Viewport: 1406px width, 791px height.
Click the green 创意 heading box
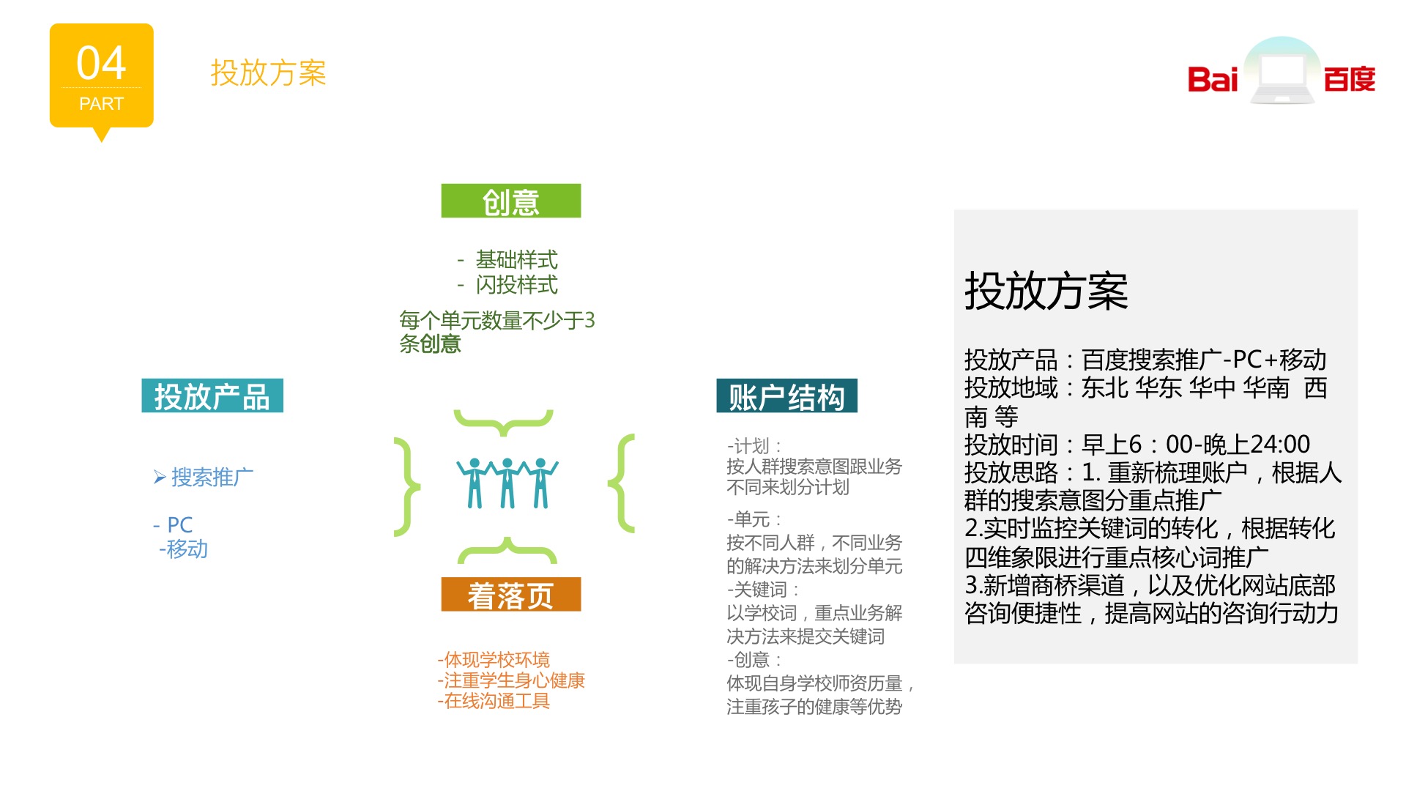(x=511, y=201)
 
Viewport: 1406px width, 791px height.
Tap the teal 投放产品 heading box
(x=212, y=396)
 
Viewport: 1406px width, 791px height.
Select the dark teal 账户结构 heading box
(x=786, y=396)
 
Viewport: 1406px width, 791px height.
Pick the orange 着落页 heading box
(x=511, y=595)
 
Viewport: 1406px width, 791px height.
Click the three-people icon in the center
(x=507, y=483)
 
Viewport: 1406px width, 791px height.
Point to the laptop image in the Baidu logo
(x=1283, y=72)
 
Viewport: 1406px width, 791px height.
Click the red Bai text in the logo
(x=1213, y=79)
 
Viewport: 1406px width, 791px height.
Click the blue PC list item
(x=173, y=524)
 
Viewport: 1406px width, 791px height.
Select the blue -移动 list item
(x=184, y=549)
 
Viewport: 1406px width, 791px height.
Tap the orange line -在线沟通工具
(x=494, y=701)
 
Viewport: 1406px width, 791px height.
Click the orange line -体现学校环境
(x=494, y=660)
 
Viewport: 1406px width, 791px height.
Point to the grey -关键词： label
(x=763, y=590)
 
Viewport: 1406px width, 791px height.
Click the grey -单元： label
(x=754, y=519)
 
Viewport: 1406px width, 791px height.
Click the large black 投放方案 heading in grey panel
(x=1046, y=291)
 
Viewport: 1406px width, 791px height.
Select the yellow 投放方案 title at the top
(x=268, y=73)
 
